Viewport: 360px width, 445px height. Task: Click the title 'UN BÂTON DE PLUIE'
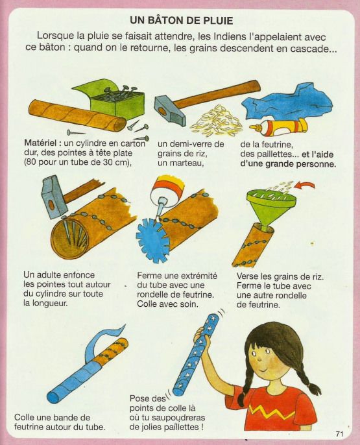click(x=182, y=21)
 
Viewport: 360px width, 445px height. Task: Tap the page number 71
click(x=339, y=434)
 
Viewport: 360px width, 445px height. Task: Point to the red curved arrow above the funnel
click(x=305, y=186)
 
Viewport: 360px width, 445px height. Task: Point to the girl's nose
click(x=259, y=359)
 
